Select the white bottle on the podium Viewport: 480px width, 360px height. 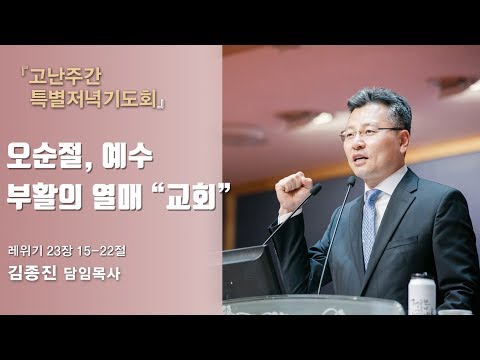[x=422, y=293]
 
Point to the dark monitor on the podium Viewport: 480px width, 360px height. [x=250, y=270]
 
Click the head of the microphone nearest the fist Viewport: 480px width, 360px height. [x=315, y=189]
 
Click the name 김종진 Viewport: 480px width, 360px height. [x=34, y=269]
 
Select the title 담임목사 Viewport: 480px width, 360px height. [x=89, y=269]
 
